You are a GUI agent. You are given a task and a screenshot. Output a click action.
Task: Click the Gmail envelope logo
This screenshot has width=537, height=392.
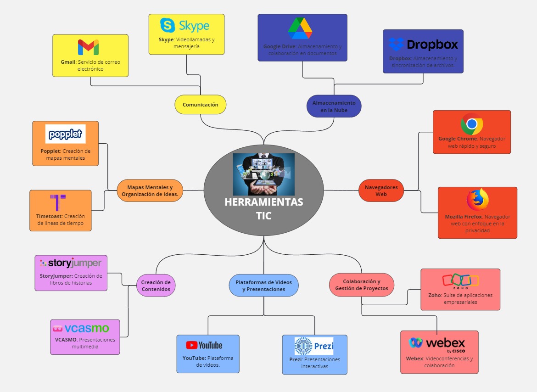(88, 47)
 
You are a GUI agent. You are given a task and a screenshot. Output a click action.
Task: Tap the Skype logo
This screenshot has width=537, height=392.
(185, 25)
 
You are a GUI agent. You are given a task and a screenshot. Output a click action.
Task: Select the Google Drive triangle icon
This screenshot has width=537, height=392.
(300, 28)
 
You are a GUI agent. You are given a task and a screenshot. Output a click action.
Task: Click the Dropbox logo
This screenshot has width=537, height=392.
(423, 45)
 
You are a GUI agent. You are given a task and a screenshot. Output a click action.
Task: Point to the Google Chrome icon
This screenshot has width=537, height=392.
(472, 124)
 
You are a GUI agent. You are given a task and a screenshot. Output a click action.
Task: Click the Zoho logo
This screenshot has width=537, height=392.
(460, 280)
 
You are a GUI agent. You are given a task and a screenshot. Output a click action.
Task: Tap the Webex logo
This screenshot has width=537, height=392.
(437, 343)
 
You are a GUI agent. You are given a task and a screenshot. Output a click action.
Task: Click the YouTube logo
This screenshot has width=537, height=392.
(204, 345)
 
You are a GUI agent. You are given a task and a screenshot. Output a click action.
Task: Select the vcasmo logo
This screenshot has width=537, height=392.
(81, 328)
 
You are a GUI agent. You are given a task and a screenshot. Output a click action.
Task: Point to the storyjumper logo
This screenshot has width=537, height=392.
(71, 263)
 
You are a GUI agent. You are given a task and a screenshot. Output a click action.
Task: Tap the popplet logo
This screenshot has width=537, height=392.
(66, 134)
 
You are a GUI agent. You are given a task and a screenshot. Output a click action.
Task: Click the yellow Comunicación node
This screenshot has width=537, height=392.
(201, 105)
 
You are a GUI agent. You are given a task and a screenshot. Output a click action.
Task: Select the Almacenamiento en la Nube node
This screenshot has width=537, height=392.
(334, 106)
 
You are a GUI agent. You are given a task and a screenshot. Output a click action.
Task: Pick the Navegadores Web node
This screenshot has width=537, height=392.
(381, 190)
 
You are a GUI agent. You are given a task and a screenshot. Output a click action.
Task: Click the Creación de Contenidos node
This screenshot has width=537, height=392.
(156, 286)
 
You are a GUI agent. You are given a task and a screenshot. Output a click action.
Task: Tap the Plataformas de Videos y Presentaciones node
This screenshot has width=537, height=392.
(263, 286)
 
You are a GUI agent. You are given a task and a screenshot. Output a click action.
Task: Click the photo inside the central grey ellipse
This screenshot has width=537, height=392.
(263, 174)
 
